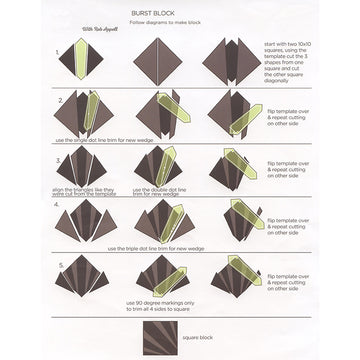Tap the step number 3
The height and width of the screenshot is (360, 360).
[60, 157]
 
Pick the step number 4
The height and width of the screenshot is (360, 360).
[60, 206]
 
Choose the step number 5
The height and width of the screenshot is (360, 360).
[60, 265]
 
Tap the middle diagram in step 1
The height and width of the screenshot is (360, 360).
[160, 61]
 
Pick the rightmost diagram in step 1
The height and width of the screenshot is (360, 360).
[230, 61]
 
